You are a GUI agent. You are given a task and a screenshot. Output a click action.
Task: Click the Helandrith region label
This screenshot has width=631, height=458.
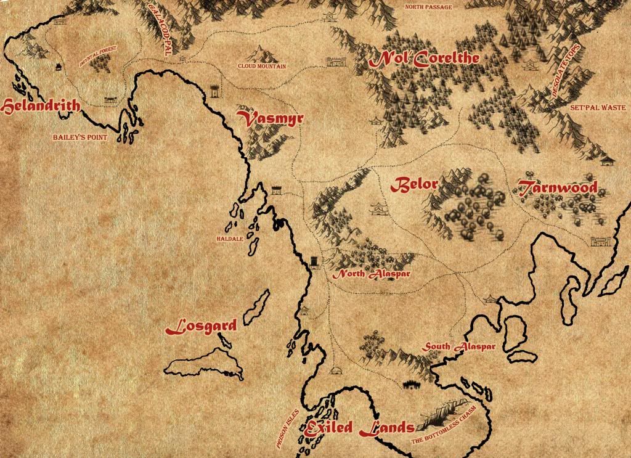(x=41, y=107)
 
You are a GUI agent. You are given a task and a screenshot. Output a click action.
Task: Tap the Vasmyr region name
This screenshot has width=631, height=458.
(x=271, y=119)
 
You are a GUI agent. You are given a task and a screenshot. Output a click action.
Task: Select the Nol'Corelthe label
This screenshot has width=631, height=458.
(x=424, y=60)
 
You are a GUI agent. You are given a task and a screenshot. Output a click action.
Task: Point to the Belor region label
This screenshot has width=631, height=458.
(x=415, y=184)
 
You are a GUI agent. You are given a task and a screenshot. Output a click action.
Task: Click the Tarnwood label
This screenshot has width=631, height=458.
(x=558, y=187)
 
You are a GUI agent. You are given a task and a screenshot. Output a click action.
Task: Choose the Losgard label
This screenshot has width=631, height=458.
(x=202, y=327)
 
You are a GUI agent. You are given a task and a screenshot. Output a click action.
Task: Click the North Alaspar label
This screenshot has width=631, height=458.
(x=372, y=274)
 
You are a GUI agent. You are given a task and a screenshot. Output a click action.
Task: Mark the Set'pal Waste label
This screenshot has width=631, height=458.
(x=598, y=107)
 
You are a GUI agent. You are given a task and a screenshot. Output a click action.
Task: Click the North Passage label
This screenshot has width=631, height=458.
(x=428, y=7)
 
